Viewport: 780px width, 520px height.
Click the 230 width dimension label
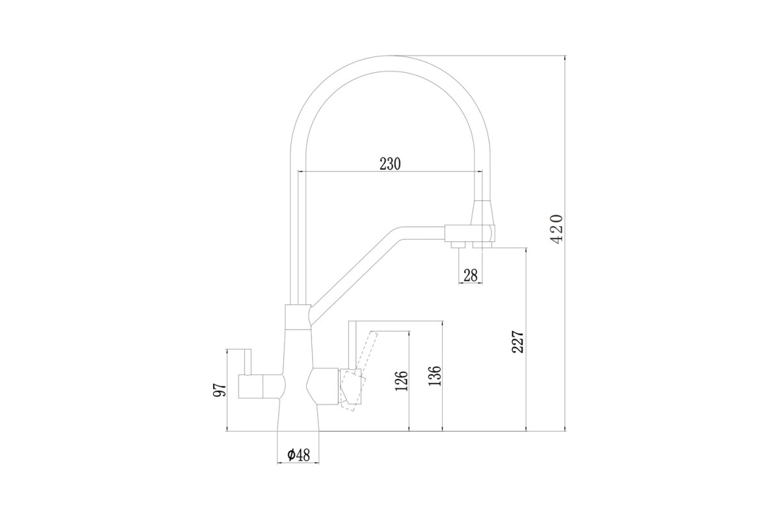tap(390, 164)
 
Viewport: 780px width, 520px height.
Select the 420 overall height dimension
tap(556, 229)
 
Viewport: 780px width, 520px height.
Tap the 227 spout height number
tap(518, 342)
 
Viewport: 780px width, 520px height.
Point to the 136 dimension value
tap(435, 376)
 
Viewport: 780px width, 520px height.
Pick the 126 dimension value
tap(402, 381)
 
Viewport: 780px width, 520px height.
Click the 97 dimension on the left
tap(220, 390)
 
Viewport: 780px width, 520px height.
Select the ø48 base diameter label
tap(298, 455)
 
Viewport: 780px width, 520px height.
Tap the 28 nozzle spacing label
tap(471, 276)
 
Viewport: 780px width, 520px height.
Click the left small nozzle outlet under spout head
tap(458, 245)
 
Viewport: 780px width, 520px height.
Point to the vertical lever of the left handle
tap(248, 362)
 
